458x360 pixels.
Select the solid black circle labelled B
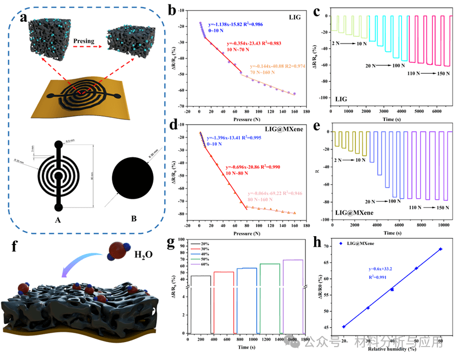(133, 181)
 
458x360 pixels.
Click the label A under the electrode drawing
(58, 219)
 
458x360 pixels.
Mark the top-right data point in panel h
(440, 249)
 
